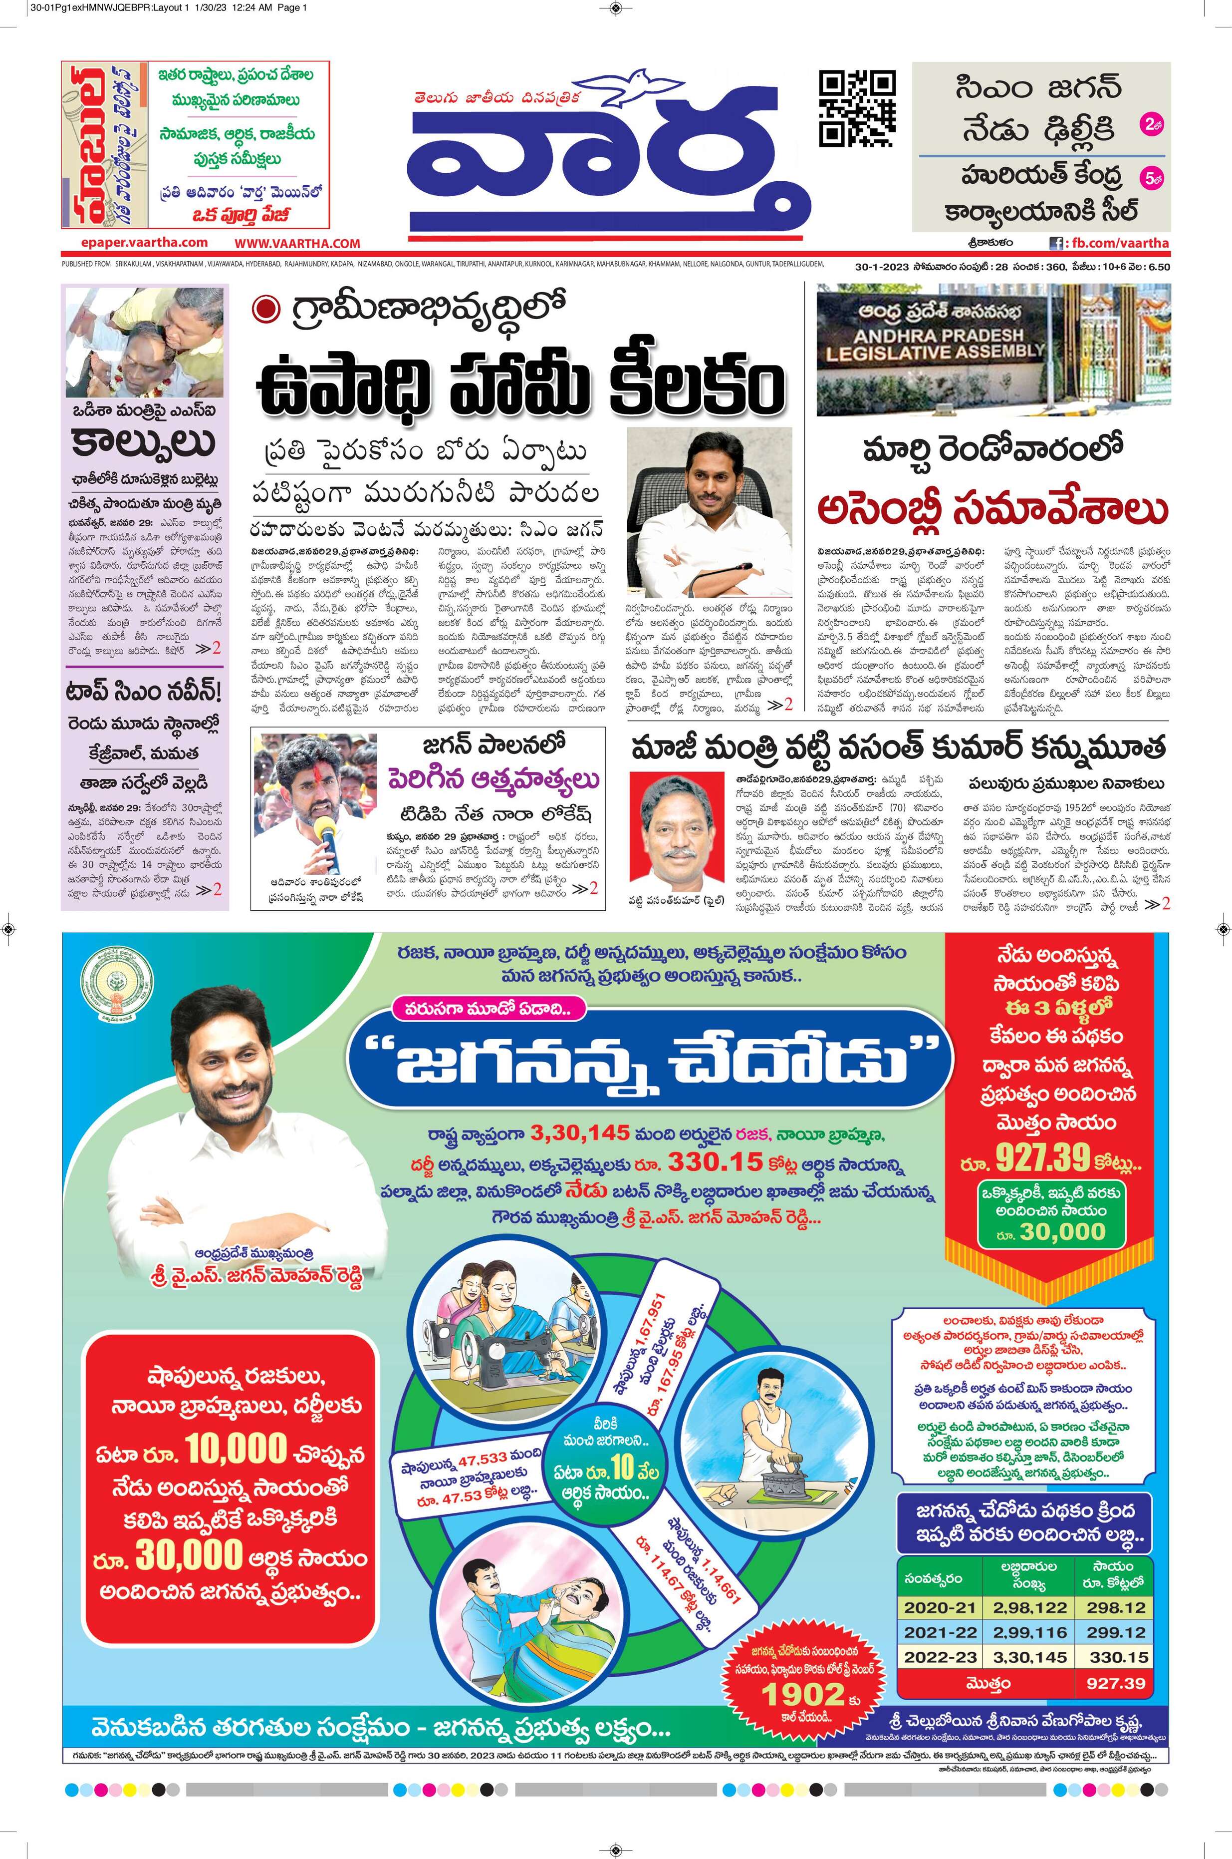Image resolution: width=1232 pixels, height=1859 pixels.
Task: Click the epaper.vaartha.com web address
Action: click(144, 243)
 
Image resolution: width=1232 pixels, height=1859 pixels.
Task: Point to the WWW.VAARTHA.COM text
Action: click(297, 244)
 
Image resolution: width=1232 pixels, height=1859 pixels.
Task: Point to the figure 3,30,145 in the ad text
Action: click(580, 1132)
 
